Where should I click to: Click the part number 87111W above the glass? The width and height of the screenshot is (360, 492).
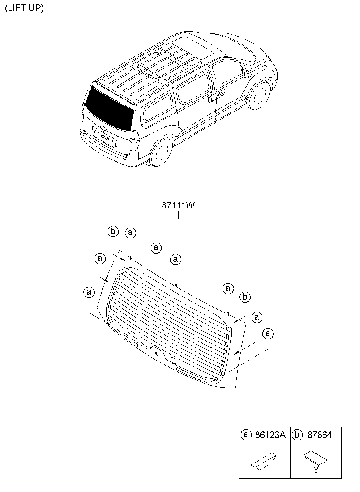178,206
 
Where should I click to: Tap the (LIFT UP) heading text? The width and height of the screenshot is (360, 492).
24,8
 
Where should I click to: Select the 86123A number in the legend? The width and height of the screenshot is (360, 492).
270,435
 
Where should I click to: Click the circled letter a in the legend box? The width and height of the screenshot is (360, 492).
245,435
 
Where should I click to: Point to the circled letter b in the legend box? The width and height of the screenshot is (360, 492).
297,435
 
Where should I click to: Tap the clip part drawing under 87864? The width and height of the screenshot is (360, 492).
315,461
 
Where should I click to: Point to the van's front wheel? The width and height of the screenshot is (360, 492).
259,96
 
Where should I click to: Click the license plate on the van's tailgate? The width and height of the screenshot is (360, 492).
105,137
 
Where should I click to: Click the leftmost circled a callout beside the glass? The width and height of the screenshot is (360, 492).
89,292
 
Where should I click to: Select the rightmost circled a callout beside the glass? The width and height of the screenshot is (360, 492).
267,334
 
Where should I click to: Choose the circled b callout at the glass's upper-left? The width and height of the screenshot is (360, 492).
113,232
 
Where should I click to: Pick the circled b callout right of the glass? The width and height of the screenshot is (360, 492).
245,297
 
